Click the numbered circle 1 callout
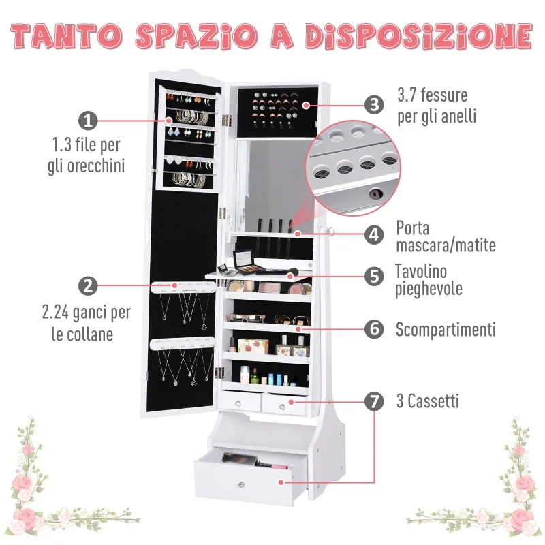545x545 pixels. tap(88, 121)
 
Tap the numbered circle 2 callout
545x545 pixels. tap(88, 285)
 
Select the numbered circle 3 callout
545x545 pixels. tap(374, 105)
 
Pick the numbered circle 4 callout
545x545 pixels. tap(374, 234)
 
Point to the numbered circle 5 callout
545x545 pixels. tap(374, 277)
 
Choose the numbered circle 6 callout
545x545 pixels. tap(374, 329)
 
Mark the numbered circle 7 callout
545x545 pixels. tap(374, 401)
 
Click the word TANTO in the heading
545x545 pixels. tap(66, 36)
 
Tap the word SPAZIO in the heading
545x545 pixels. tap(197, 36)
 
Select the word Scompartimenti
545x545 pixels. tap(446, 330)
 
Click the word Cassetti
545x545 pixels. tap(433, 401)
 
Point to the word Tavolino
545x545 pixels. tap(421, 271)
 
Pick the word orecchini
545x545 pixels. tap(96, 166)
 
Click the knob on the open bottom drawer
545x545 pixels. tap(241, 484)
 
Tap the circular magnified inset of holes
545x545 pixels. tap(353, 168)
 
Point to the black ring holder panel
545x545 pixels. tap(278, 112)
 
